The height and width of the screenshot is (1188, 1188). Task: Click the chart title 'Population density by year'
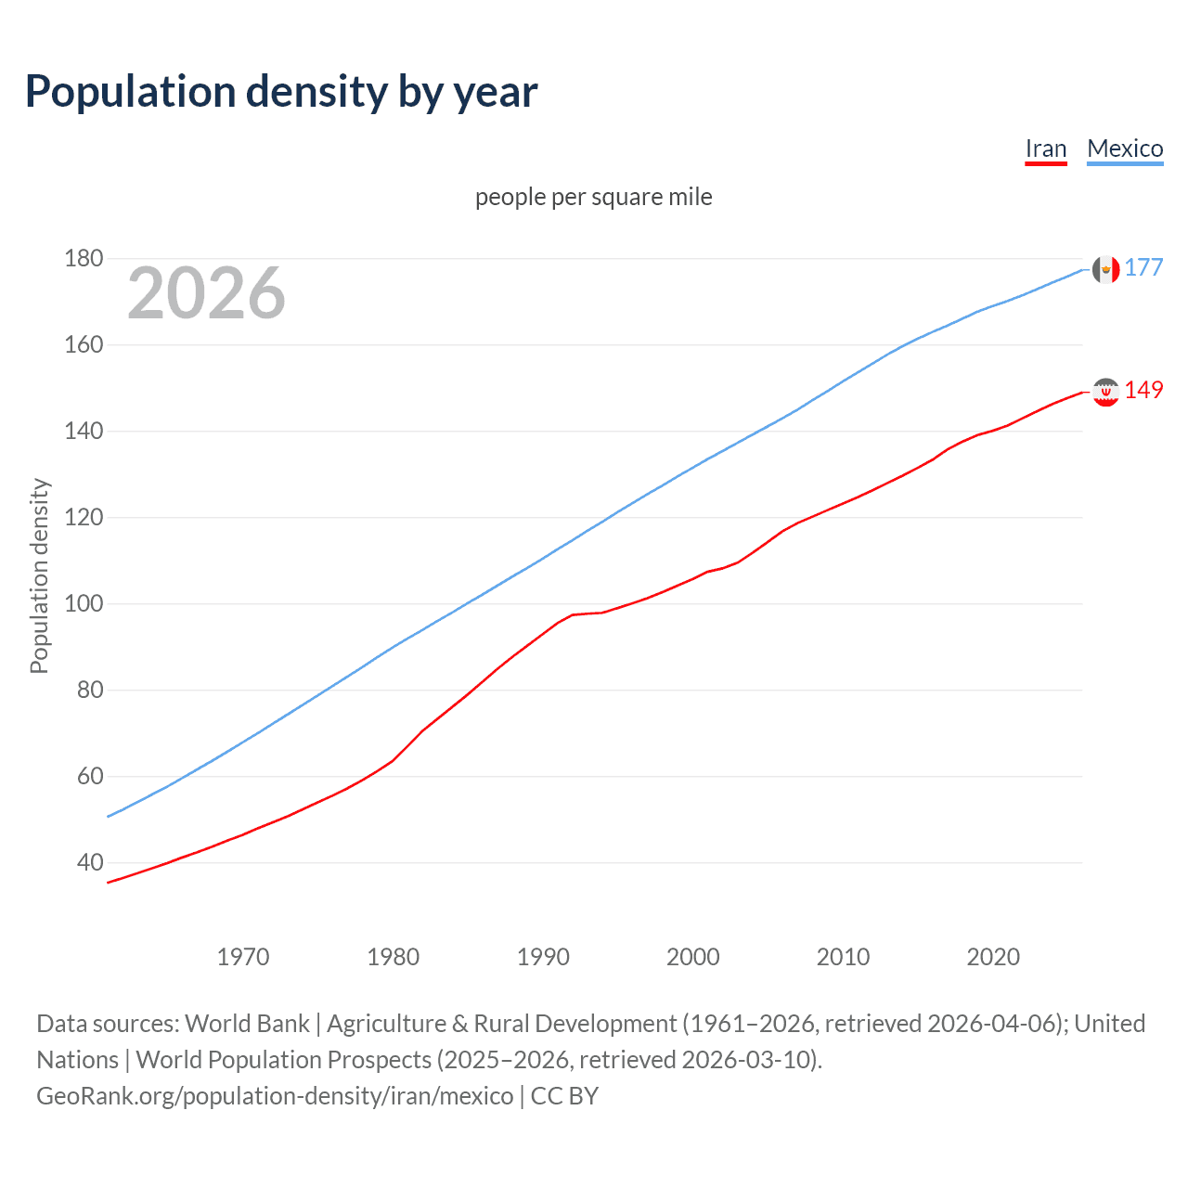pyautogui.click(x=281, y=92)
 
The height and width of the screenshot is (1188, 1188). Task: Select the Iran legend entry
pyautogui.click(x=1045, y=148)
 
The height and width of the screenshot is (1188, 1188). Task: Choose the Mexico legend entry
pyautogui.click(x=1125, y=148)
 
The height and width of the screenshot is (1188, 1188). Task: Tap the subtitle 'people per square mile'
pyautogui.click(x=594, y=197)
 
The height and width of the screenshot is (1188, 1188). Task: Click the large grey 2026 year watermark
pyautogui.click(x=206, y=293)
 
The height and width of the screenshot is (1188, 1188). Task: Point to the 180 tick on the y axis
pyautogui.click(x=84, y=258)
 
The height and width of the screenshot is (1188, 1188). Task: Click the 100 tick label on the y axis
pyautogui.click(x=84, y=603)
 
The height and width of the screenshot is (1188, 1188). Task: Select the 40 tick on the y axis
pyautogui.click(x=90, y=862)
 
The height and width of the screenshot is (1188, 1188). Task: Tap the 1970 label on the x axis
pyautogui.click(x=243, y=957)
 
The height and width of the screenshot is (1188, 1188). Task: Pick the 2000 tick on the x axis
pyautogui.click(x=693, y=957)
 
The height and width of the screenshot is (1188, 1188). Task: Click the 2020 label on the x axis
pyautogui.click(x=993, y=957)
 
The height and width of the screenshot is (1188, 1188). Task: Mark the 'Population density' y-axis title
pyautogui.click(x=39, y=575)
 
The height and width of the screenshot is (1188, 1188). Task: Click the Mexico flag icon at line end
pyautogui.click(x=1105, y=269)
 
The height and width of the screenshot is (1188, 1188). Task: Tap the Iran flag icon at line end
pyautogui.click(x=1105, y=392)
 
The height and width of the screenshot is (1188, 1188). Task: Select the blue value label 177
pyautogui.click(x=1143, y=268)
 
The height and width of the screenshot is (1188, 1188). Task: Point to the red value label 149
pyautogui.click(x=1143, y=391)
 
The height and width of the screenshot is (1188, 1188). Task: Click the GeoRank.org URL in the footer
pyautogui.click(x=275, y=1096)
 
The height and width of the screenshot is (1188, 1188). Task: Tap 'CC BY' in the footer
pyautogui.click(x=564, y=1096)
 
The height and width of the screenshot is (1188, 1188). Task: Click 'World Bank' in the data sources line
pyautogui.click(x=247, y=1024)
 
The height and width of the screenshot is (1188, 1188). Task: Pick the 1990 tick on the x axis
pyautogui.click(x=543, y=957)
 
